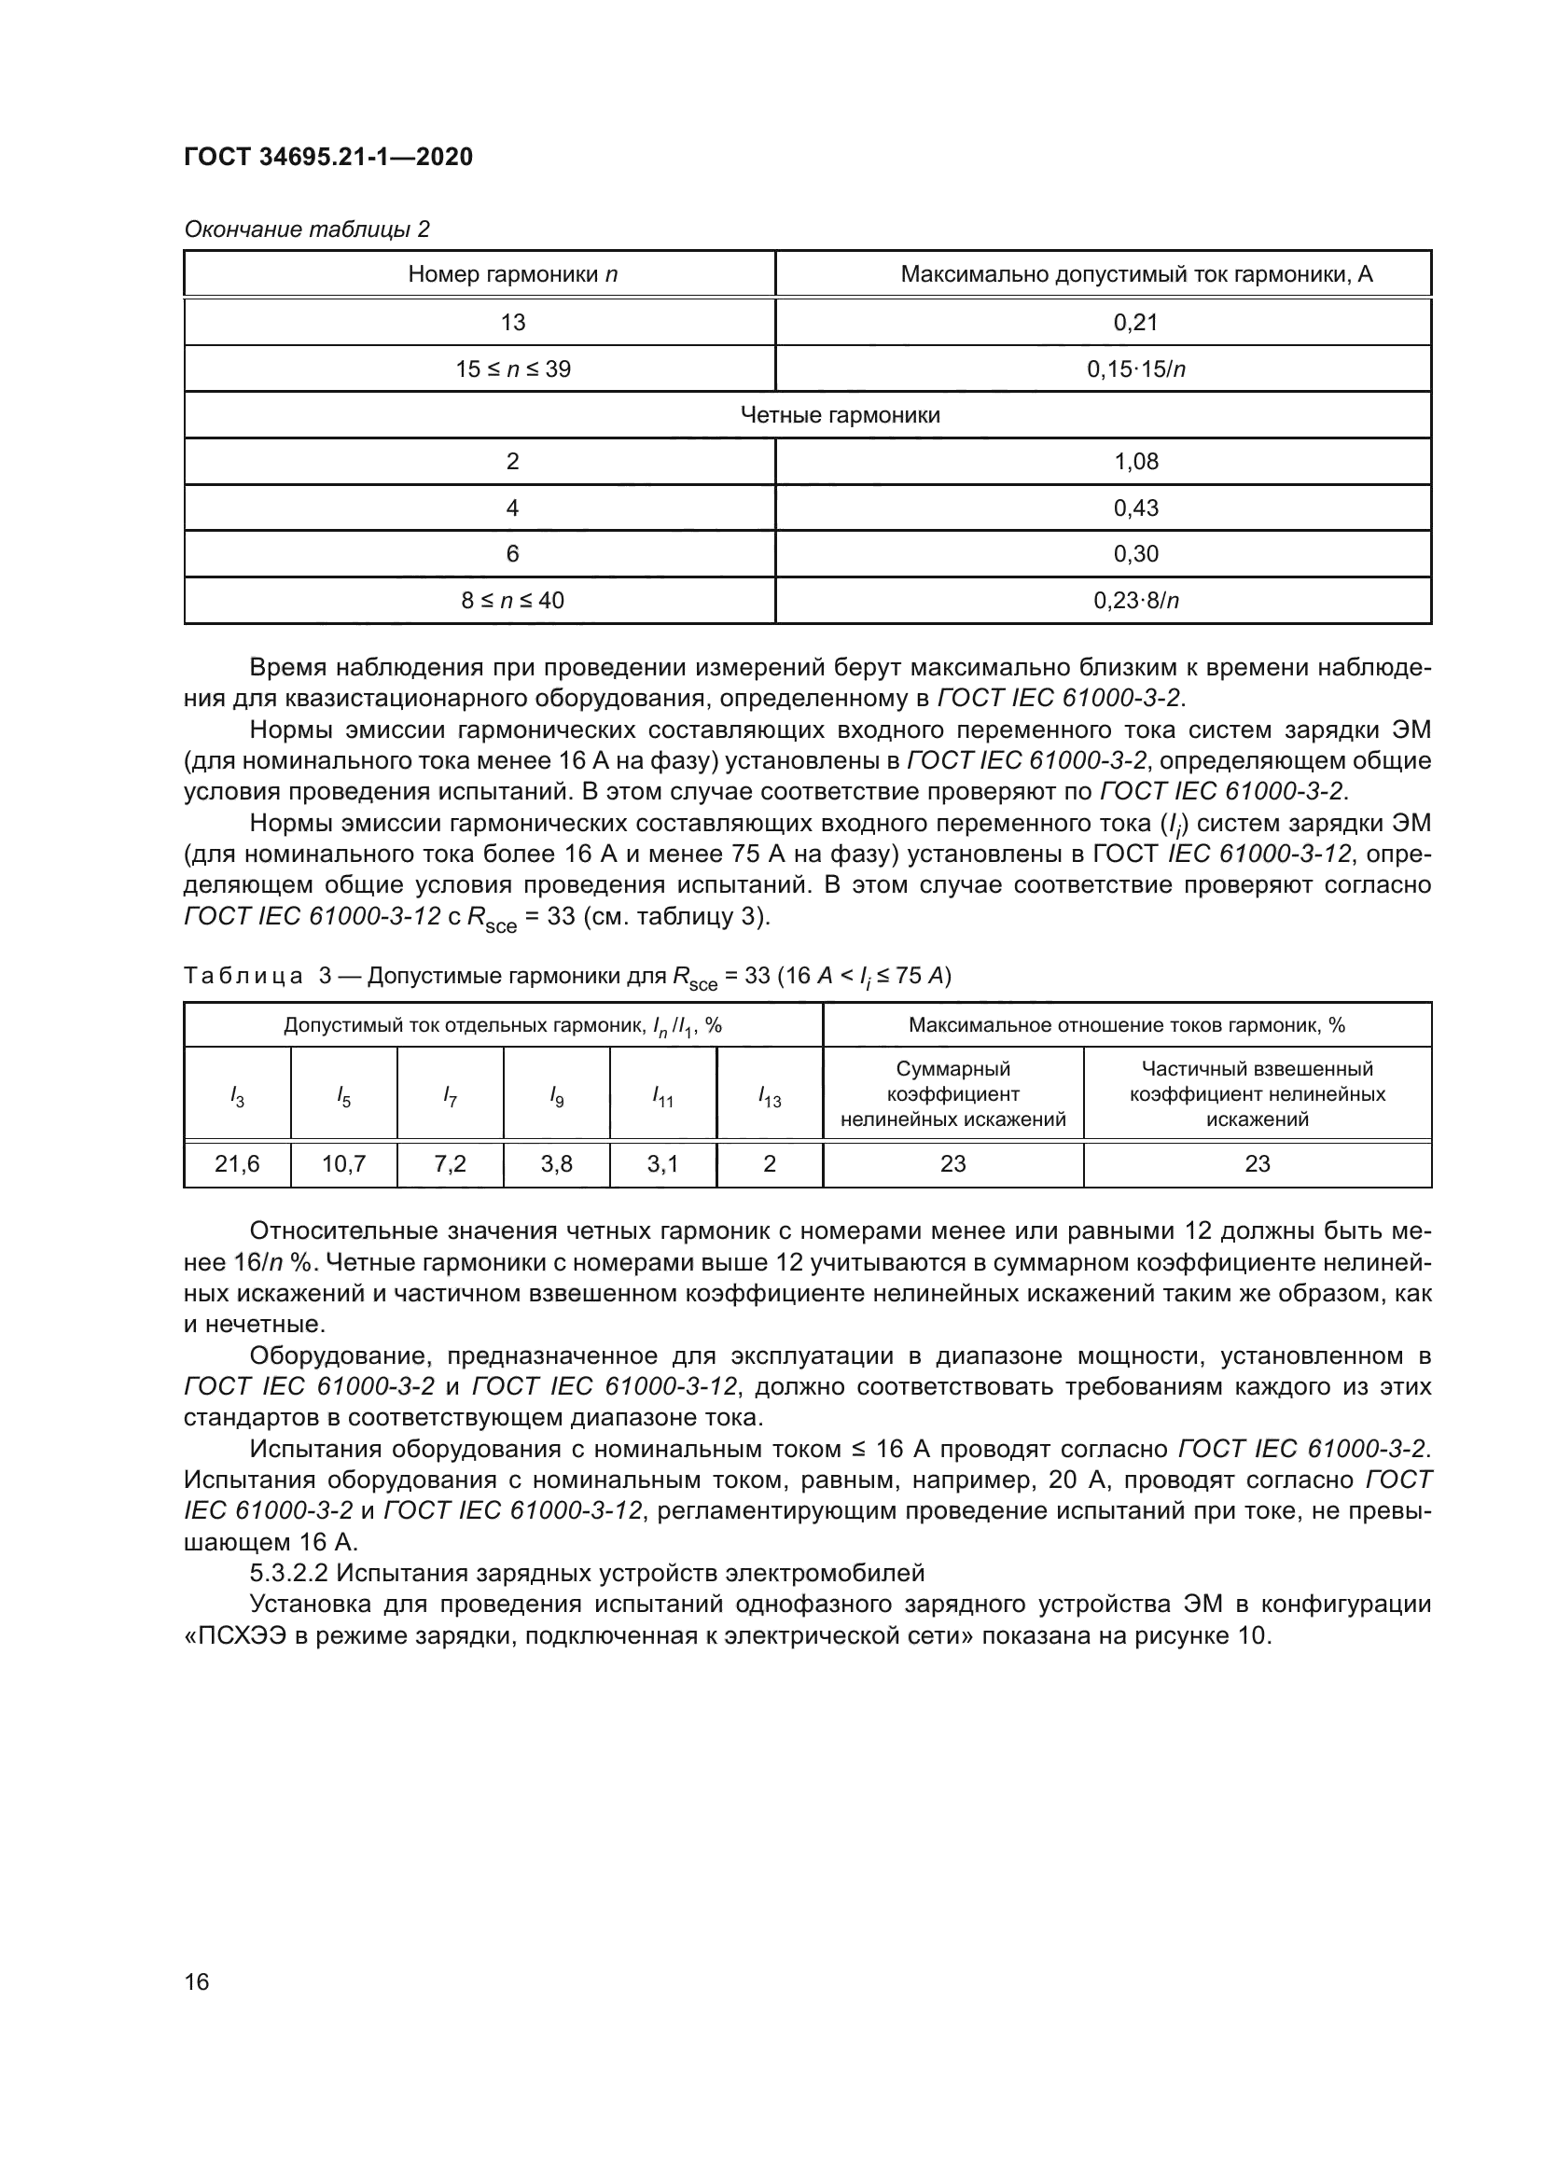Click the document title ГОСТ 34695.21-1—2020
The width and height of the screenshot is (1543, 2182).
[327, 157]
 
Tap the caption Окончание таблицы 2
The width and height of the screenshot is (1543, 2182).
[306, 229]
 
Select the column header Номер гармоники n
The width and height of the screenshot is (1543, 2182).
[512, 274]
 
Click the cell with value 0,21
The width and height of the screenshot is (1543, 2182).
[1135, 322]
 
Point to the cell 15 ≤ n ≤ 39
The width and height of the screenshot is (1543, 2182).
[512, 368]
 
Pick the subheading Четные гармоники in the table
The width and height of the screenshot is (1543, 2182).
[840, 415]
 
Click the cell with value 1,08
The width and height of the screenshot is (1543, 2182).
[1135, 462]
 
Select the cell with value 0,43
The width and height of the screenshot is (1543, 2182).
[1135, 508]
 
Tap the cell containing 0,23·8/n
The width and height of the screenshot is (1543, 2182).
[1135, 601]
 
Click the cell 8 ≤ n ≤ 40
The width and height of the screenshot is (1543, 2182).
[512, 601]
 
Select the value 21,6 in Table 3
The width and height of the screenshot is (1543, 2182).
[238, 1164]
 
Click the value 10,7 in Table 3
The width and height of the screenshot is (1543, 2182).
[344, 1164]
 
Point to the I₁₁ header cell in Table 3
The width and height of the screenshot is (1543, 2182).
[663, 1097]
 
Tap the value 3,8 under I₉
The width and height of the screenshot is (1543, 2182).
[557, 1164]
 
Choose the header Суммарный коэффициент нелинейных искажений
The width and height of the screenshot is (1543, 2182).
[953, 1095]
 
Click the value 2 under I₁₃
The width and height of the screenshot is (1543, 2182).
[770, 1164]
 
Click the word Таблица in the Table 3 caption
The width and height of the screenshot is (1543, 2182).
[243, 976]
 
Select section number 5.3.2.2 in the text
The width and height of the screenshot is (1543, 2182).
[289, 1573]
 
